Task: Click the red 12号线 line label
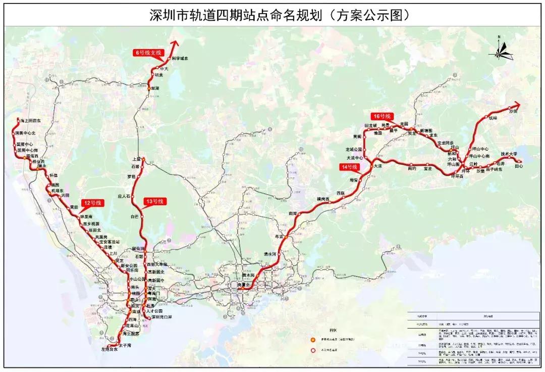click(x=92, y=203)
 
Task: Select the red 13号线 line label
click(x=154, y=202)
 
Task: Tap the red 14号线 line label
click(x=349, y=167)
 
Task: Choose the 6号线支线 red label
click(x=148, y=53)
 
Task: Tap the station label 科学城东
click(x=180, y=59)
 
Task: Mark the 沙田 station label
click(x=514, y=111)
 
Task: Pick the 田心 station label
click(x=519, y=166)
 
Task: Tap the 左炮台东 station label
click(x=110, y=350)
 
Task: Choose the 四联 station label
click(x=341, y=193)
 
